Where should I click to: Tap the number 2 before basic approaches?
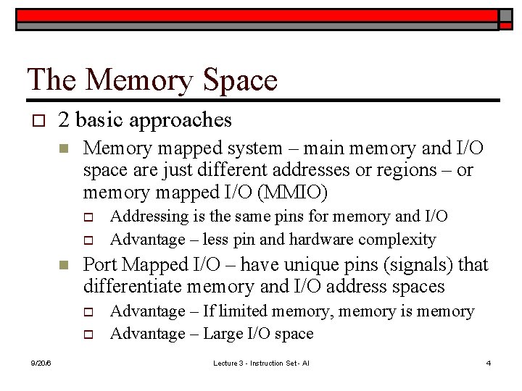click(x=65, y=119)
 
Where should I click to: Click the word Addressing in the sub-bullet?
click(x=145, y=216)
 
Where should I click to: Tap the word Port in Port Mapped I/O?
click(x=99, y=265)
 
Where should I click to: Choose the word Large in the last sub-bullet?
click(x=226, y=334)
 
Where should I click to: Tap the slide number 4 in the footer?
click(x=489, y=362)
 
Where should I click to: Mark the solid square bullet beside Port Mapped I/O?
click(x=63, y=265)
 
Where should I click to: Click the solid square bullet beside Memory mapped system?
click(x=63, y=149)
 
